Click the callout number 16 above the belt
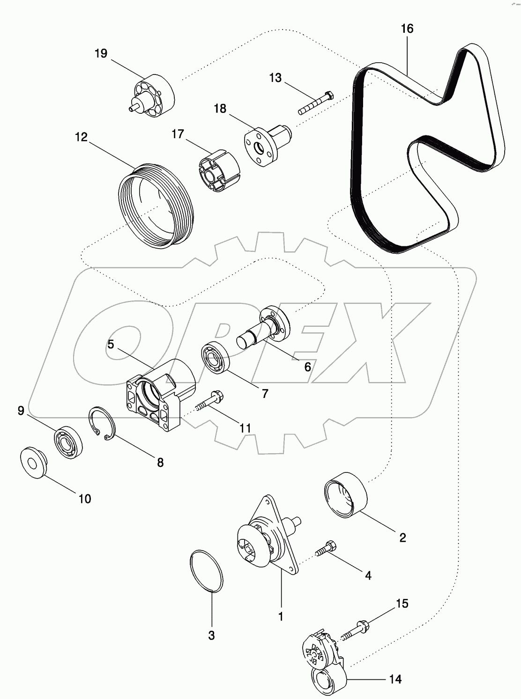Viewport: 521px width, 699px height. click(407, 29)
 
